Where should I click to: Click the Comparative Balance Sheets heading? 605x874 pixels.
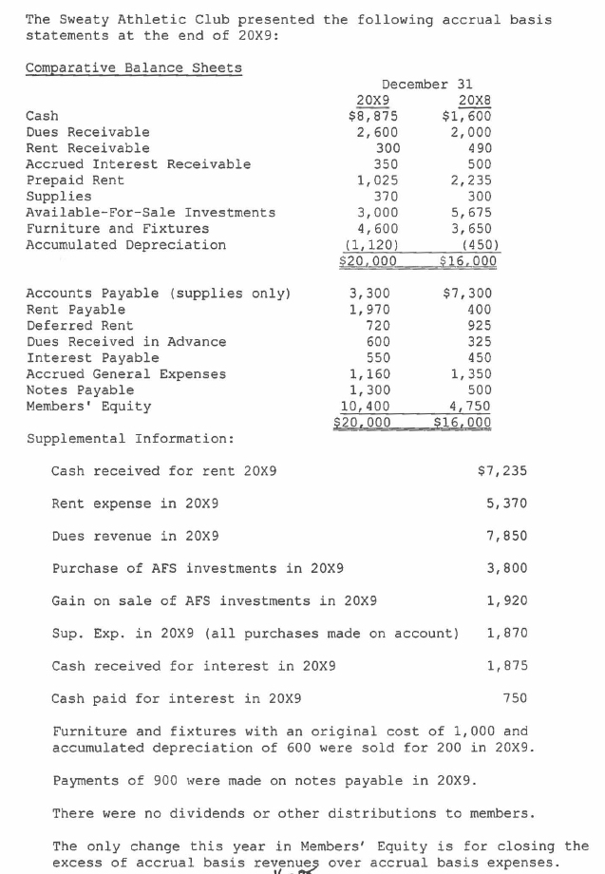(133, 67)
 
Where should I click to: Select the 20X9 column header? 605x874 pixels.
(370, 100)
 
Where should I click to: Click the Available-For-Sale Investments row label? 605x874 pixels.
(150, 213)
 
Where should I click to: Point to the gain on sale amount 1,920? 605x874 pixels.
(505, 600)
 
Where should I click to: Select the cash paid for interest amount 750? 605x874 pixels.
(513, 697)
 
